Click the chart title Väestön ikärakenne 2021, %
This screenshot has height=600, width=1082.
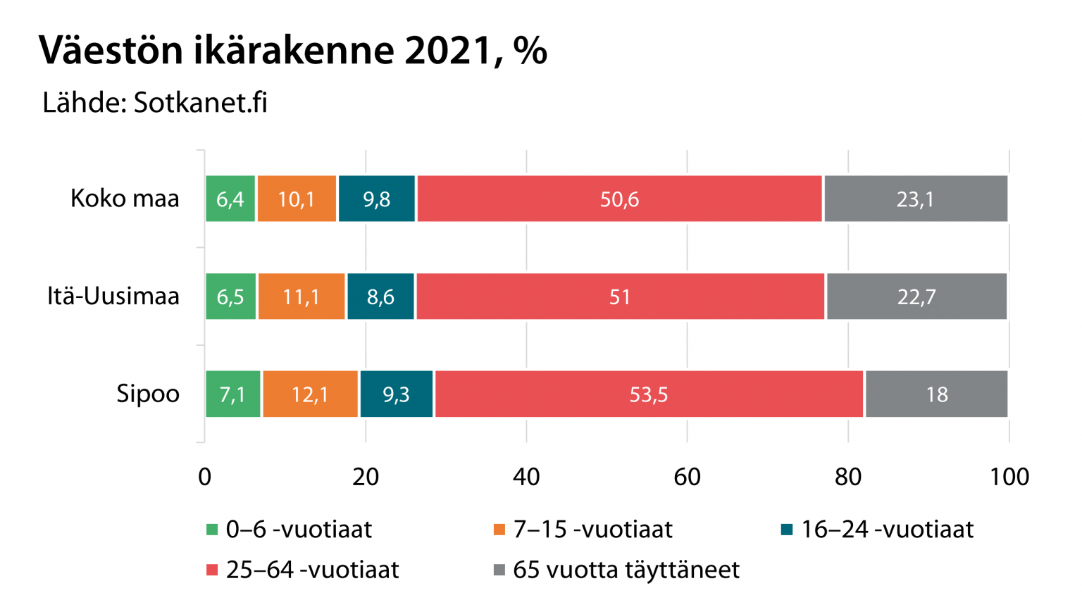click(292, 51)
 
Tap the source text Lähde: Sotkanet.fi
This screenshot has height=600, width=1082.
click(155, 103)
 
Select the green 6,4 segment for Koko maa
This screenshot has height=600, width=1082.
click(230, 199)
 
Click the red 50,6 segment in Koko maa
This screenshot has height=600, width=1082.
click(619, 199)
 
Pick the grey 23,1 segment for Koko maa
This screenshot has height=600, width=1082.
click(916, 199)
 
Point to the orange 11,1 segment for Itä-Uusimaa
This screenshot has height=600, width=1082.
click(301, 296)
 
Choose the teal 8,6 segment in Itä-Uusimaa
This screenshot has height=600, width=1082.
click(380, 296)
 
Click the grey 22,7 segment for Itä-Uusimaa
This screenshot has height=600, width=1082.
click(916, 296)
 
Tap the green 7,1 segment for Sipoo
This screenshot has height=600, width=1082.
click(232, 394)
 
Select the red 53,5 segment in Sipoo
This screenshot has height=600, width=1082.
click(649, 394)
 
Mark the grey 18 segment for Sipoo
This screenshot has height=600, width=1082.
click(936, 394)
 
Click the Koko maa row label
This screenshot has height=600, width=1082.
click(125, 199)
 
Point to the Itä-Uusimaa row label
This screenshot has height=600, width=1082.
click(113, 296)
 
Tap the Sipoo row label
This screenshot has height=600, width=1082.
click(148, 394)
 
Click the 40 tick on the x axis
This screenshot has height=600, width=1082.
click(526, 477)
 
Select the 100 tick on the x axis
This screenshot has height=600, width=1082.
click(1009, 477)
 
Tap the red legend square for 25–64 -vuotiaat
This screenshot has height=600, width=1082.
click(212, 570)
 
